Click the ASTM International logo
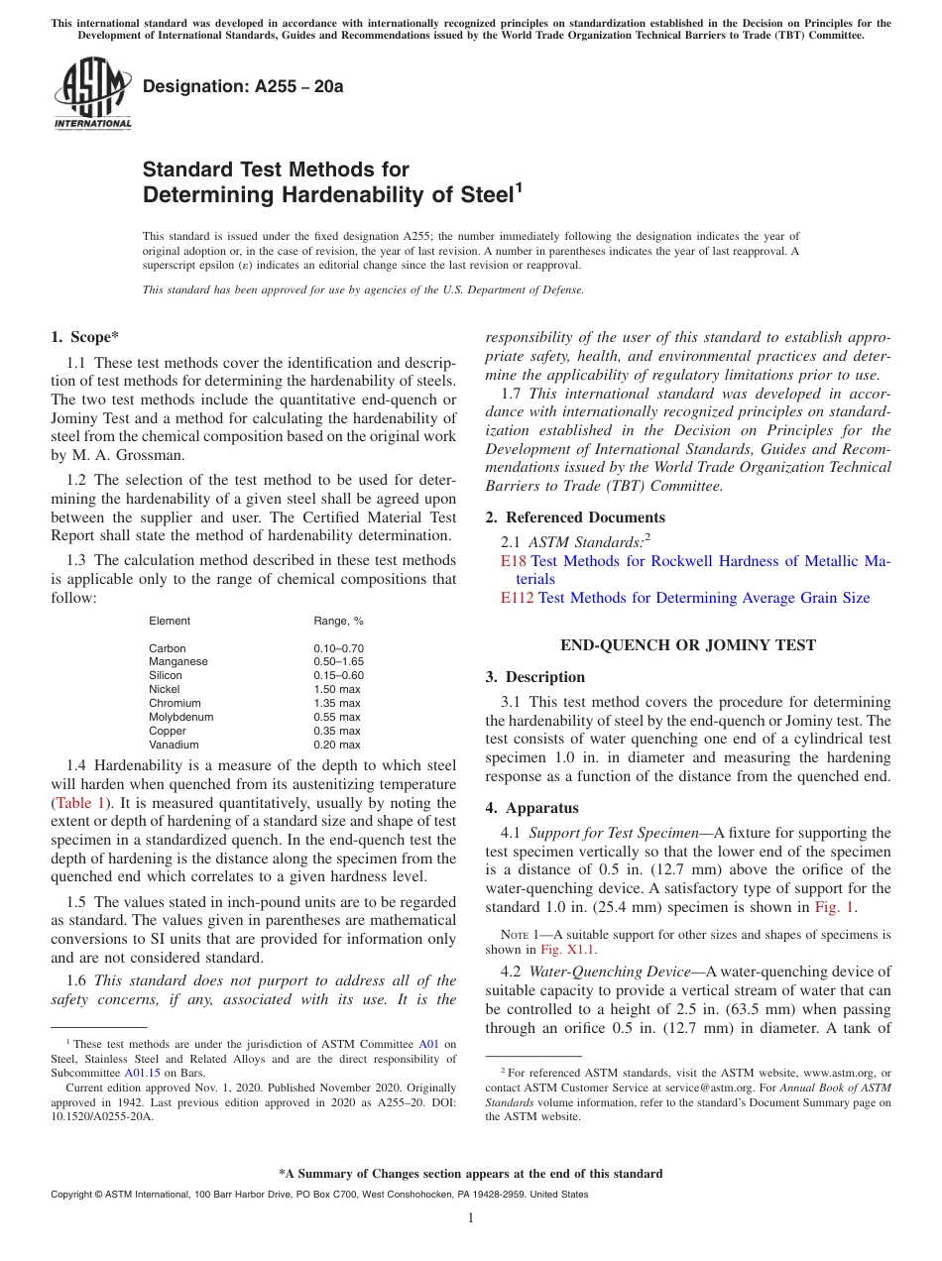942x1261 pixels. [93, 94]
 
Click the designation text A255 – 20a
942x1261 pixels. [243, 86]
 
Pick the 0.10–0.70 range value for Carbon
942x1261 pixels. [337, 648]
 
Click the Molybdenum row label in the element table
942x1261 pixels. [181, 717]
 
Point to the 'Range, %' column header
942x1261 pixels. [338, 621]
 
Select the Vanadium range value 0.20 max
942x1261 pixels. [337, 745]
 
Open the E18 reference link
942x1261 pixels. [513, 561]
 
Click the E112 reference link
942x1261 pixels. [517, 598]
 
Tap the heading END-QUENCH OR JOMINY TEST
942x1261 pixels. [688, 645]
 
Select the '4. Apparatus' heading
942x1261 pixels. [532, 808]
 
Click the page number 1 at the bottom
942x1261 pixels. [471, 1218]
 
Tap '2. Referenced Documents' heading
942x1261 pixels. [575, 517]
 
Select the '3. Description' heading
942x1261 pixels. [535, 677]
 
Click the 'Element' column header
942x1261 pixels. [170, 621]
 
